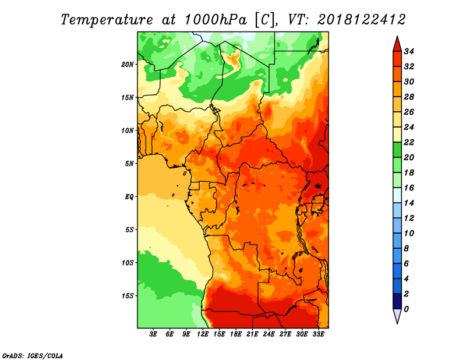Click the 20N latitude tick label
(x=128, y=65)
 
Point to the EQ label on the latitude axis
(x=129, y=197)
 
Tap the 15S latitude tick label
(x=128, y=296)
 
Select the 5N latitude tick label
(x=129, y=164)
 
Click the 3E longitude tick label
(x=153, y=334)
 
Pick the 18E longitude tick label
(x=236, y=334)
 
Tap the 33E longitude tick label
(x=318, y=334)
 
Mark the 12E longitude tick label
(x=203, y=334)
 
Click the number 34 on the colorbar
(x=409, y=51)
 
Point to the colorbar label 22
(x=409, y=142)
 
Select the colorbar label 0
(x=406, y=309)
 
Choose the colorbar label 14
(x=409, y=203)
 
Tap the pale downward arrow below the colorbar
(x=397, y=316)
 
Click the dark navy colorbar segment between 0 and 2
(x=397, y=301)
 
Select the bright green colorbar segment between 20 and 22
(x=397, y=150)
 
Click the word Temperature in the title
(x=107, y=20)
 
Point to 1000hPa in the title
(x=215, y=20)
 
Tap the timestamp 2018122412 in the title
(x=361, y=20)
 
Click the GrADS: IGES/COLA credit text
(x=33, y=356)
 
